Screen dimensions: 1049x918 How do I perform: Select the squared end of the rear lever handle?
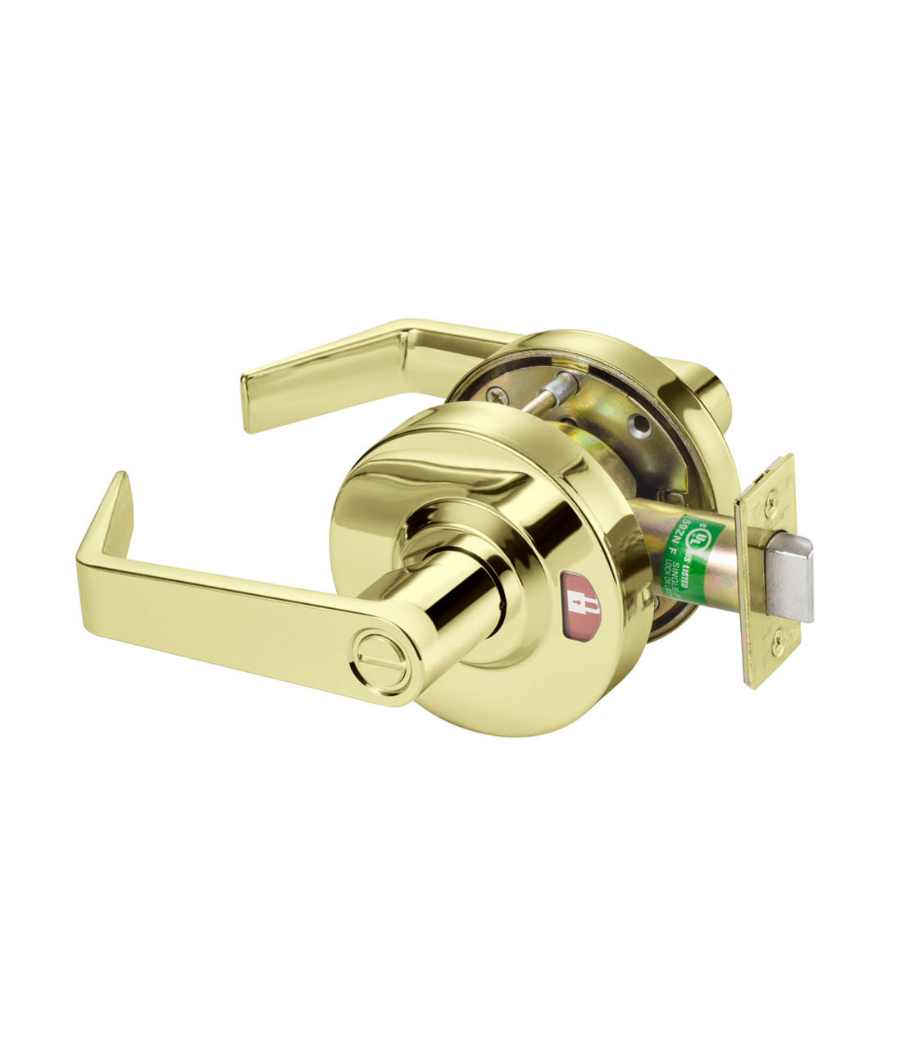(256, 402)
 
